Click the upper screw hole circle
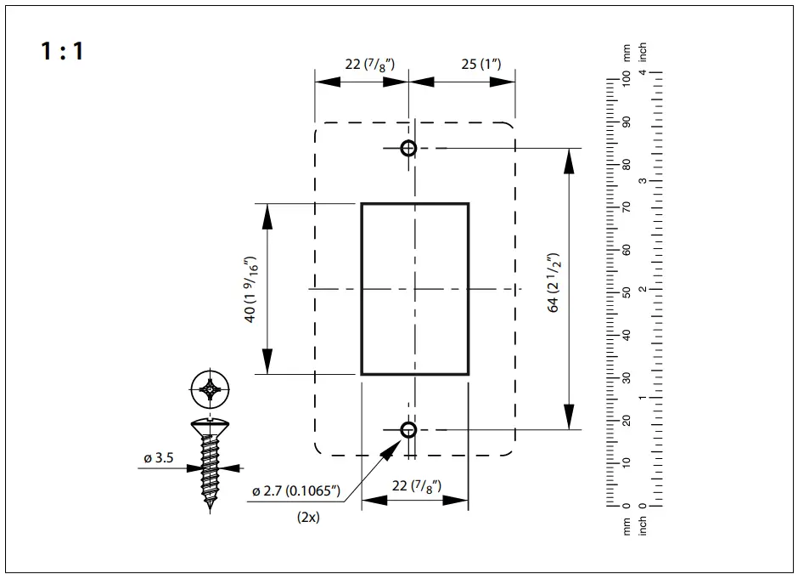pos(408,148)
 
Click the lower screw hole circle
pos(408,429)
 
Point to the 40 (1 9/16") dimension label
pos(250,288)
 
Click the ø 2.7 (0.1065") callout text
pos(295,491)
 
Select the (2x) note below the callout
pos(308,517)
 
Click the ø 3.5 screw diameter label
pos(158,459)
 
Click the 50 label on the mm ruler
pos(627,292)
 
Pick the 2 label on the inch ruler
pos(643,290)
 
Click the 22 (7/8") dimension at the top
pos(369,65)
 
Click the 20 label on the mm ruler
pos(627,420)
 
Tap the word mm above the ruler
pos(627,53)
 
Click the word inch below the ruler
pos(643,526)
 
